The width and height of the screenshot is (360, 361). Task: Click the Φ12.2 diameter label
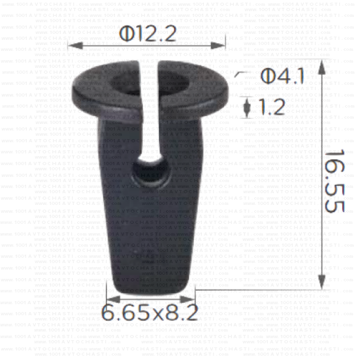[148, 34]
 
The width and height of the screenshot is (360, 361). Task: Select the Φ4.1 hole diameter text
[282, 77]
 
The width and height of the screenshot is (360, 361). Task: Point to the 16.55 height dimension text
[336, 180]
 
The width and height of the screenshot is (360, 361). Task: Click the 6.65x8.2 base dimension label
[150, 313]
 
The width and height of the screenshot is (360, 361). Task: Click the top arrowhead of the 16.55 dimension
[323, 64]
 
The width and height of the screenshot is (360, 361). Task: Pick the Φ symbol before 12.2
[126, 34]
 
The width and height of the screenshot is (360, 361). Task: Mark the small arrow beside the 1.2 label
[246, 105]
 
